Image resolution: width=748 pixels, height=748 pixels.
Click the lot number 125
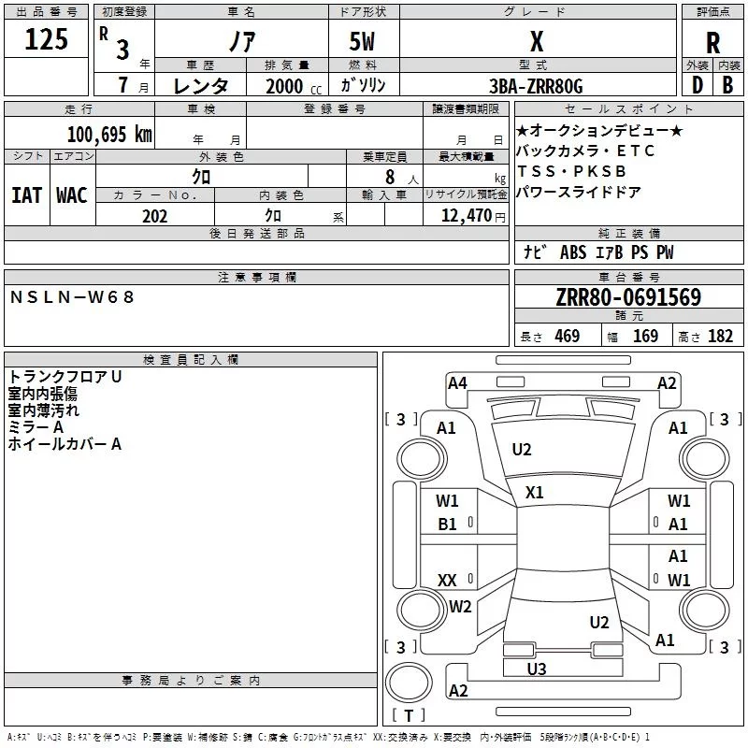[47, 39]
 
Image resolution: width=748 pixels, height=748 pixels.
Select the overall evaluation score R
[712, 42]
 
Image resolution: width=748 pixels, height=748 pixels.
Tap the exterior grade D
[697, 84]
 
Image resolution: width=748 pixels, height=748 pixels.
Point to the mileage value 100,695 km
[109, 134]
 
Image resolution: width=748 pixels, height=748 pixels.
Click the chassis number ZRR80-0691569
[628, 298]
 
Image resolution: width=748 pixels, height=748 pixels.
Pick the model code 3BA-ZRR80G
[536, 86]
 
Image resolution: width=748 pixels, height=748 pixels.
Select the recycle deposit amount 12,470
[465, 216]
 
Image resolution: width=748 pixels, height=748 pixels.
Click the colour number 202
[154, 216]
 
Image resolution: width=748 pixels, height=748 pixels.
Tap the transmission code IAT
[26, 195]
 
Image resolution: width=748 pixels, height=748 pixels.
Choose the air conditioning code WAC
[72, 195]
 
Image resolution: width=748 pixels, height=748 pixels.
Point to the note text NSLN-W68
[73, 296]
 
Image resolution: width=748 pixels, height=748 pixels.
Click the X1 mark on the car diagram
[535, 493]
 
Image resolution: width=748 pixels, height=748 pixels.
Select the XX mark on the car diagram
[447, 581]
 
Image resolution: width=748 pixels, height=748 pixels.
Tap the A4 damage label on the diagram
[457, 382]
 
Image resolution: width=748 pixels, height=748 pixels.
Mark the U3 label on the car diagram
[537, 669]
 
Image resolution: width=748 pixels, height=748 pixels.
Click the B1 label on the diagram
[448, 525]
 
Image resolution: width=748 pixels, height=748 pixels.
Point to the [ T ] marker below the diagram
[408, 715]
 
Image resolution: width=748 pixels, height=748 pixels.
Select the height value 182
[720, 337]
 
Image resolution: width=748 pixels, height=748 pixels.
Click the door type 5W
[363, 42]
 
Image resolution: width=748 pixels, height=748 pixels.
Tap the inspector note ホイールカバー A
[65, 444]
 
